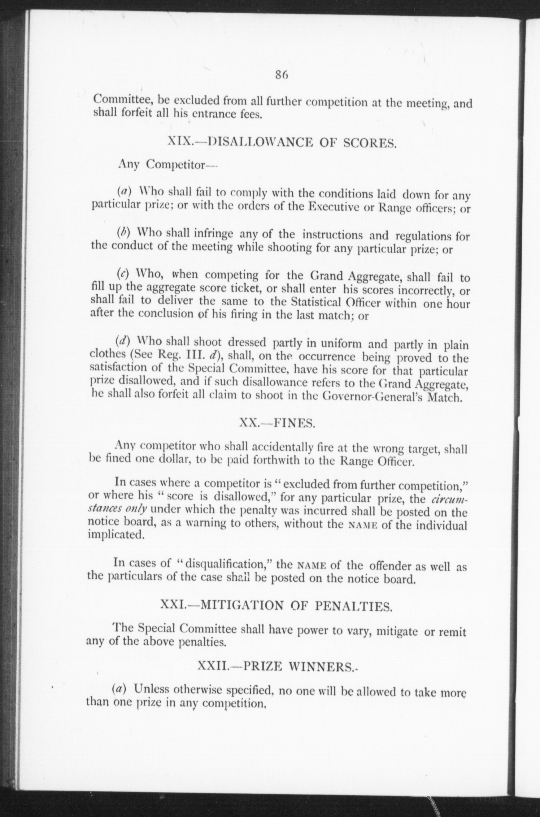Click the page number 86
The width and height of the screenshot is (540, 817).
(281, 75)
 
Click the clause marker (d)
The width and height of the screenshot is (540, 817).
(122, 341)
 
